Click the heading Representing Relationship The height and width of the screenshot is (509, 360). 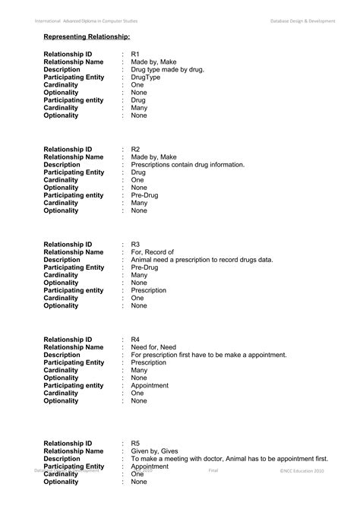point(87,36)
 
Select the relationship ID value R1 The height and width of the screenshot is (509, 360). point(135,54)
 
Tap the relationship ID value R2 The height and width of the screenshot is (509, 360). point(135,149)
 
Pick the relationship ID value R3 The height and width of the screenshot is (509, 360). point(135,244)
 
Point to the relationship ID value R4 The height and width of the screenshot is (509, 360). point(135,339)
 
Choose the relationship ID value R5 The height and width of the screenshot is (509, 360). point(135,442)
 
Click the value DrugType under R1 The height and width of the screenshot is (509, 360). point(146,77)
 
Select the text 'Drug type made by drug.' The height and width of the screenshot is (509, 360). point(167,70)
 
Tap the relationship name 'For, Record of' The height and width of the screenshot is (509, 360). point(153,251)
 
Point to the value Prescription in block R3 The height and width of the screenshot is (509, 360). point(149,290)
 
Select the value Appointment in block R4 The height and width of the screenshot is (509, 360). point(150,385)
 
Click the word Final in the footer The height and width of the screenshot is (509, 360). point(213,471)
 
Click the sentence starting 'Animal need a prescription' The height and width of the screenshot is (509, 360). point(202,259)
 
